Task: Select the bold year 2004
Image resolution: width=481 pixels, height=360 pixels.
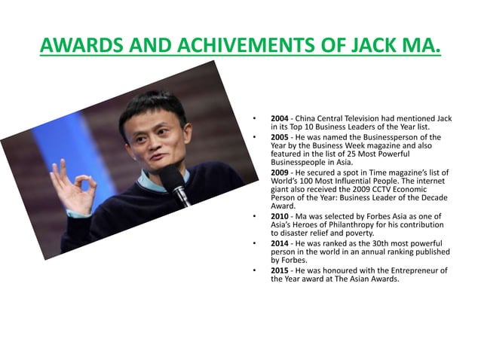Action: (280, 119)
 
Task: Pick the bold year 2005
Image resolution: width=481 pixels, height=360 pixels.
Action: (280, 138)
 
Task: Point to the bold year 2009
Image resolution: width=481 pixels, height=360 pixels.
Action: (280, 172)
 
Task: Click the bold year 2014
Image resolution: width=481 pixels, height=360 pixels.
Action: (280, 243)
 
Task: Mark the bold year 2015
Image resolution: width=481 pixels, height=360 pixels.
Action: (280, 270)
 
